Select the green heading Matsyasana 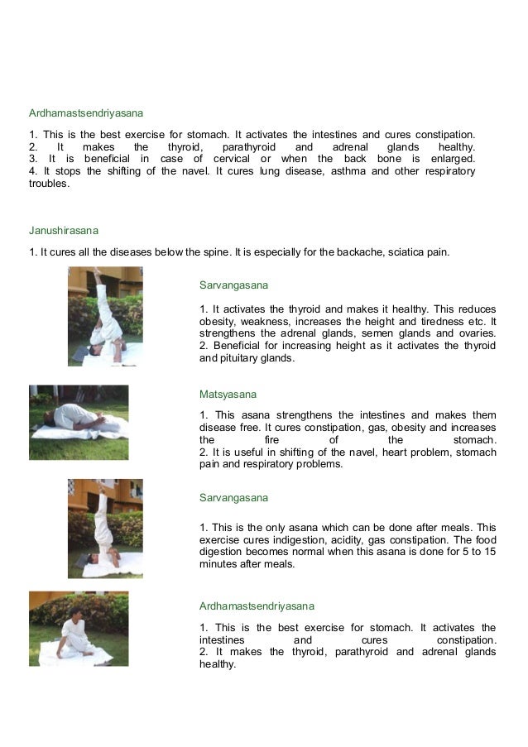(x=228, y=395)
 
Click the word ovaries (x=475, y=333)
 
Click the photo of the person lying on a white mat (x=79, y=422)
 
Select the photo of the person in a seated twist (x=79, y=629)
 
